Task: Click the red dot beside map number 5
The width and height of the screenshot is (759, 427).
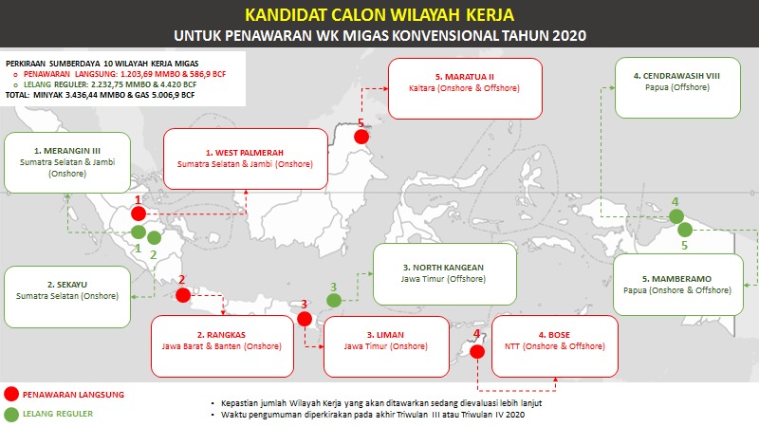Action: (361, 137)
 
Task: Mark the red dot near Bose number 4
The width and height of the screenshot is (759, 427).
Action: (477, 351)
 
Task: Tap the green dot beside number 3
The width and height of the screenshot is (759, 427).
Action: (334, 301)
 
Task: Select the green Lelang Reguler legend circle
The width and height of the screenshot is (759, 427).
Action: (11, 414)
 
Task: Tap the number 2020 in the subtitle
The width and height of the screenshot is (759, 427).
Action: (565, 35)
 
